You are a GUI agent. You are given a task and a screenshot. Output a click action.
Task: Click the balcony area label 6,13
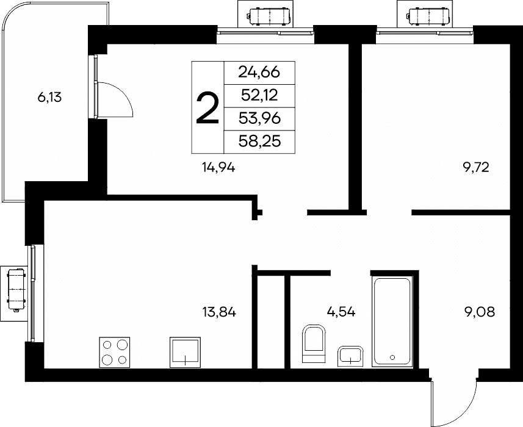pos(49,98)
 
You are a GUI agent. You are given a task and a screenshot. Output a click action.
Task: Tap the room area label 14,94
pos(218,167)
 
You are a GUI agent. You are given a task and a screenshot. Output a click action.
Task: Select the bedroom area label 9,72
pos(476,167)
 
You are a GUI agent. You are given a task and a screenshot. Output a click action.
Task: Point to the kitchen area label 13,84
pos(219,312)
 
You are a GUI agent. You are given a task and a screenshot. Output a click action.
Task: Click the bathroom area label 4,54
pos(341,312)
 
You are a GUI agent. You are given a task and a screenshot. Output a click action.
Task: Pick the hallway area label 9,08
pos(480,312)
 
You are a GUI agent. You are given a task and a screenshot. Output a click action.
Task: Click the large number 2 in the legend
pos(207,108)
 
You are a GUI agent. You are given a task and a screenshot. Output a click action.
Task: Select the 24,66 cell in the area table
pos(259,73)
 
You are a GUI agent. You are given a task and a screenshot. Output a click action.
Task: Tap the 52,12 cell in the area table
pos(259,96)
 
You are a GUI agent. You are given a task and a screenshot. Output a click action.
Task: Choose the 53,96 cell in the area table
pos(259,119)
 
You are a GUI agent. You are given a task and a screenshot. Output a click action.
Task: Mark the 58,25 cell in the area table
pos(259,142)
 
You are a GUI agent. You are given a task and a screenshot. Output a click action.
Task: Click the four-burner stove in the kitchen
pos(115,352)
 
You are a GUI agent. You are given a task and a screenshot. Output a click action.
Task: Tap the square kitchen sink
pos(185,352)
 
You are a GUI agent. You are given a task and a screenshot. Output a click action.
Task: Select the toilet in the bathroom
pos(314,343)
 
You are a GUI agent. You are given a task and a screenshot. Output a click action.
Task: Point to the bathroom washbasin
pos(350,356)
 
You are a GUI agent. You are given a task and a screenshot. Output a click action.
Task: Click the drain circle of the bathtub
pos(392,357)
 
